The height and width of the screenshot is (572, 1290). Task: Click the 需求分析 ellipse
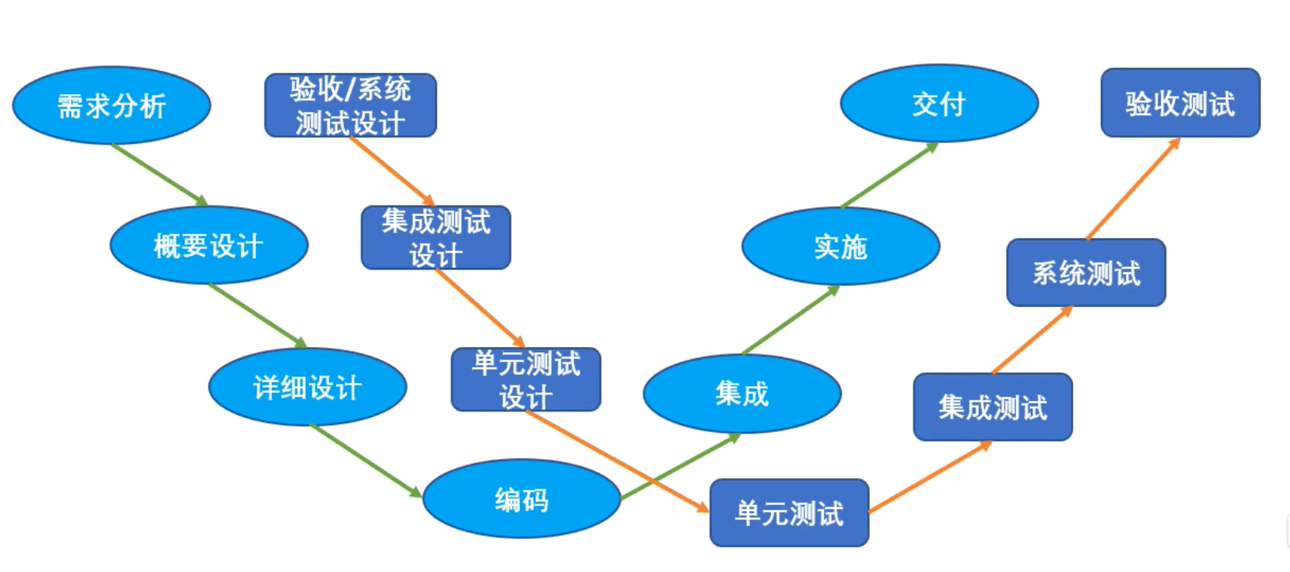click(x=111, y=105)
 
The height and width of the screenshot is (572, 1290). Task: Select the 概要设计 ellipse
click(x=209, y=245)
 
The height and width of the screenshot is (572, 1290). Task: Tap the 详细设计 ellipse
click(x=307, y=387)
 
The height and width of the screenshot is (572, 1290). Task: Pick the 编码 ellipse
click(x=521, y=499)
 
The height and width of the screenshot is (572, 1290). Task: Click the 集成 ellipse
click(x=742, y=394)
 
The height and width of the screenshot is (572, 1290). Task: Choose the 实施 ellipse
click(x=840, y=246)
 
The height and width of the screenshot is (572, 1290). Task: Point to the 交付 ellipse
click(x=939, y=104)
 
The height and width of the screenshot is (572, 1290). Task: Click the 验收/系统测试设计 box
click(x=350, y=105)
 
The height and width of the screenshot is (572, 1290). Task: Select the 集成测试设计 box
click(x=435, y=238)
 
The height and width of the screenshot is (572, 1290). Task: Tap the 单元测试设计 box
click(x=526, y=379)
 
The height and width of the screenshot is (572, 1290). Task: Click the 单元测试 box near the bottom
click(x=789, y=513)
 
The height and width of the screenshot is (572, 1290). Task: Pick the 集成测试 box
click(x=993, y=407)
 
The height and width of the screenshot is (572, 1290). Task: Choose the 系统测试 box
click(x=1086, y=272)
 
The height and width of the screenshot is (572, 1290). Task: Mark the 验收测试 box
click(x=1180, y=103)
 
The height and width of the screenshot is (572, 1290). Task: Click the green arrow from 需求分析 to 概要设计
click(x=160, y=175)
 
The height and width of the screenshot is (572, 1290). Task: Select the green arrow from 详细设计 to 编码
click(x=365, y=461)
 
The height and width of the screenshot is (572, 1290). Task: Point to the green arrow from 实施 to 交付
click(x=889, y=175)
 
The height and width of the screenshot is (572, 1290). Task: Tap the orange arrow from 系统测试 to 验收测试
click(x=1133, y=189)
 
